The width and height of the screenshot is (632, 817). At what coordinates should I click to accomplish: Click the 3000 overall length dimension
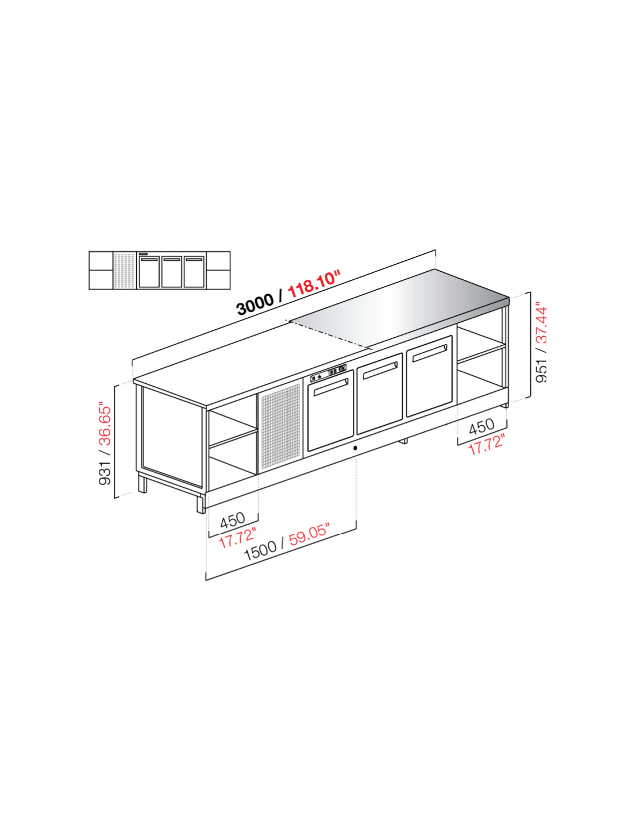(x=255, y=304)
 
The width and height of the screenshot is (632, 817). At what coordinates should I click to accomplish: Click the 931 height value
(x=106, y=472)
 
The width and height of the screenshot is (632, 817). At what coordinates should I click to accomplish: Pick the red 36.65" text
(x=106, y=425)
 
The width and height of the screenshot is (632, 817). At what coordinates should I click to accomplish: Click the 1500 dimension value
(x=260, y=552)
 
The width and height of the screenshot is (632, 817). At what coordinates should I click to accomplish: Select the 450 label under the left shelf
(x=232, y=521)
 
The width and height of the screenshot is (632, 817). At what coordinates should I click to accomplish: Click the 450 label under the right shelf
(x=481, y=426)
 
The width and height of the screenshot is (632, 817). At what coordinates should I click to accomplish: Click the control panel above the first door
(x=328, y=372)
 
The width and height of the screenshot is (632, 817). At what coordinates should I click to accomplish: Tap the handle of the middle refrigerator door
(x=380, y=371)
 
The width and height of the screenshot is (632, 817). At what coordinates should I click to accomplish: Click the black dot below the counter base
(x=355, y=448)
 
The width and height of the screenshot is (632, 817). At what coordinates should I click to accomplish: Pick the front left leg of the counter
(x=201, y=503)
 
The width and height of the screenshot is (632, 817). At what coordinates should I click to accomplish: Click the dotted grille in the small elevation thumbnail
(x=125, y=271)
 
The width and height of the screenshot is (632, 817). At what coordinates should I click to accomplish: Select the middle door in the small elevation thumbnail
(x=172, y=272)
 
